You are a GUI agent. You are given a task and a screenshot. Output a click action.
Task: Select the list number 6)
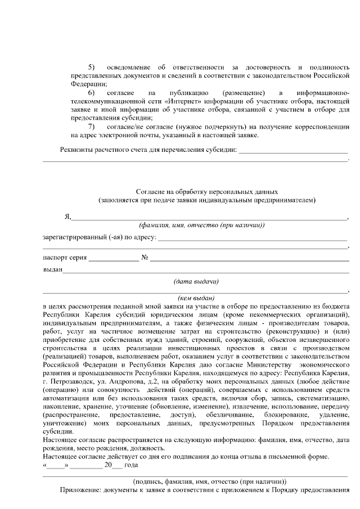(x=91, y=92)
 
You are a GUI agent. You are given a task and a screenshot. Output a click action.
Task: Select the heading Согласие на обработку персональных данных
(x=207, y=191)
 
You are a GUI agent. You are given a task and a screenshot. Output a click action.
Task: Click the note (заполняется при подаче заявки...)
(x=207, y=200)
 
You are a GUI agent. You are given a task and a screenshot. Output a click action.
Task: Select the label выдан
(x=53, y=270)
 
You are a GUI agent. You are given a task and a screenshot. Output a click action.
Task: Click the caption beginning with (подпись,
(x=209, y=481)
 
